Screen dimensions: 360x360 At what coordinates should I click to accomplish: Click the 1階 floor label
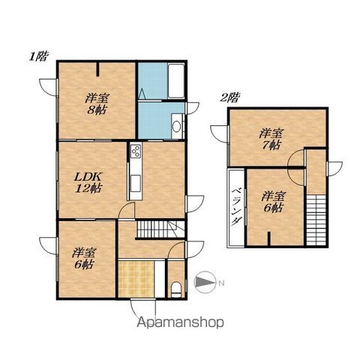point(38,56)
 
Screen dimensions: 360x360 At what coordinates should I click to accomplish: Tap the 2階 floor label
point(229,97)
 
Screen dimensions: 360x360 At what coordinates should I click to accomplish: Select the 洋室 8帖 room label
point(97,103)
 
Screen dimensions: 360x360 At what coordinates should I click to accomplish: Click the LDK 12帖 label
point(88,182)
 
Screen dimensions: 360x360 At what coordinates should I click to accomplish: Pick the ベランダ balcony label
point(236,206)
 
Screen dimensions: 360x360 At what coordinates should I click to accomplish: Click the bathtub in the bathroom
point(176,80)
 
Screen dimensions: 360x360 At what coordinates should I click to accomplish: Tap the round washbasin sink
point(177,127)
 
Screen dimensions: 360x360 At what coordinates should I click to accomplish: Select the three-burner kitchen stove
point(136,151)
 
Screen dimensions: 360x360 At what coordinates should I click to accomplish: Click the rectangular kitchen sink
point(136,183)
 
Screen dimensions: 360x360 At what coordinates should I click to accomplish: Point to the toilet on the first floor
point(176,290)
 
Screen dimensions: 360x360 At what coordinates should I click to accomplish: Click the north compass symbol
point(205,282)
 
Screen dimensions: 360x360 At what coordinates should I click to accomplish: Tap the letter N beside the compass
point(221,283)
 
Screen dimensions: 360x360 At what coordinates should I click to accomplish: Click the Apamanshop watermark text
point(180,322)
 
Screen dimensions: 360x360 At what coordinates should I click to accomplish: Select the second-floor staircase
point(316,220)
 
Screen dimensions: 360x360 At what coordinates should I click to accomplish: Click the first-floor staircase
point(156,229)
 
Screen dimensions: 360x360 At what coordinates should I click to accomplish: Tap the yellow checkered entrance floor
point(136,279)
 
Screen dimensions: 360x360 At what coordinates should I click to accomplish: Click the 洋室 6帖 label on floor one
point(84,259)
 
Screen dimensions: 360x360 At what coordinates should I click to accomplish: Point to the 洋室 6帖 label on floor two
point(273,202)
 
